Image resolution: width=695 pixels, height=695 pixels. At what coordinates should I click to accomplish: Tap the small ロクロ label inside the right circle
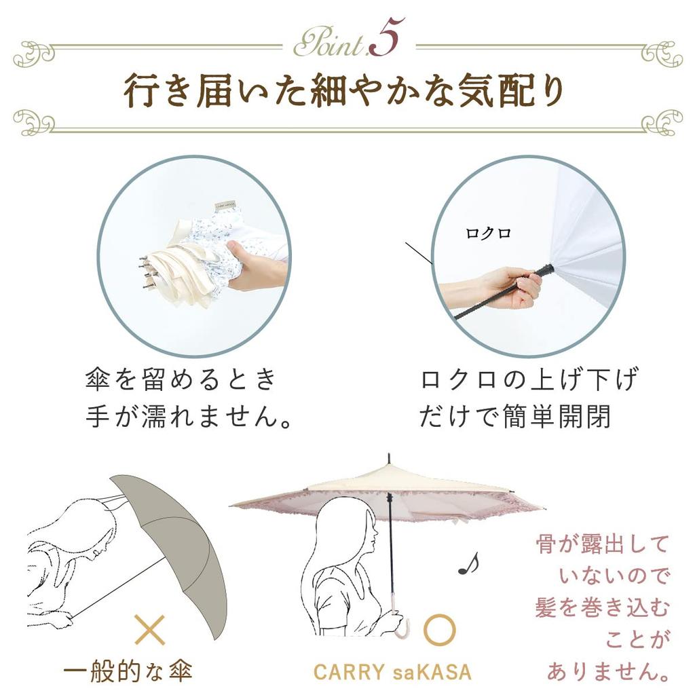[x=488, y=233]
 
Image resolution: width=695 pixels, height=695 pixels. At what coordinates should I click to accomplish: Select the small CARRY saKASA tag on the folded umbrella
[x=225, y=206]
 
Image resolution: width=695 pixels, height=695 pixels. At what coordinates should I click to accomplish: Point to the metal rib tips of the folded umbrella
[x=146, y=271]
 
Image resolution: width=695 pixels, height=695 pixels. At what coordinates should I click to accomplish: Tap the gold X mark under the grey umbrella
[x=150, y=629]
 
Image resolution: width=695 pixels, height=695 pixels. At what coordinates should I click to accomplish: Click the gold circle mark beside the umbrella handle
[x=439, y=630]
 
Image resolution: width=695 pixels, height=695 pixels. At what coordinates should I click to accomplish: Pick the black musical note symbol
[x=468, y=564]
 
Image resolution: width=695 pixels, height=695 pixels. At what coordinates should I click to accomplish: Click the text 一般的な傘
[x=128, y=671]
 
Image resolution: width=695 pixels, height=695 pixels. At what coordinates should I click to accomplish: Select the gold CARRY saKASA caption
[x=392, y=672]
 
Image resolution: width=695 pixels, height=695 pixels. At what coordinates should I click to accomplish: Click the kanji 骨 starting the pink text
[x=548, y=544]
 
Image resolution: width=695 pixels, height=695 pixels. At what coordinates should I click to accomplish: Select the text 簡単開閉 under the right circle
[x=556, y=416]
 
